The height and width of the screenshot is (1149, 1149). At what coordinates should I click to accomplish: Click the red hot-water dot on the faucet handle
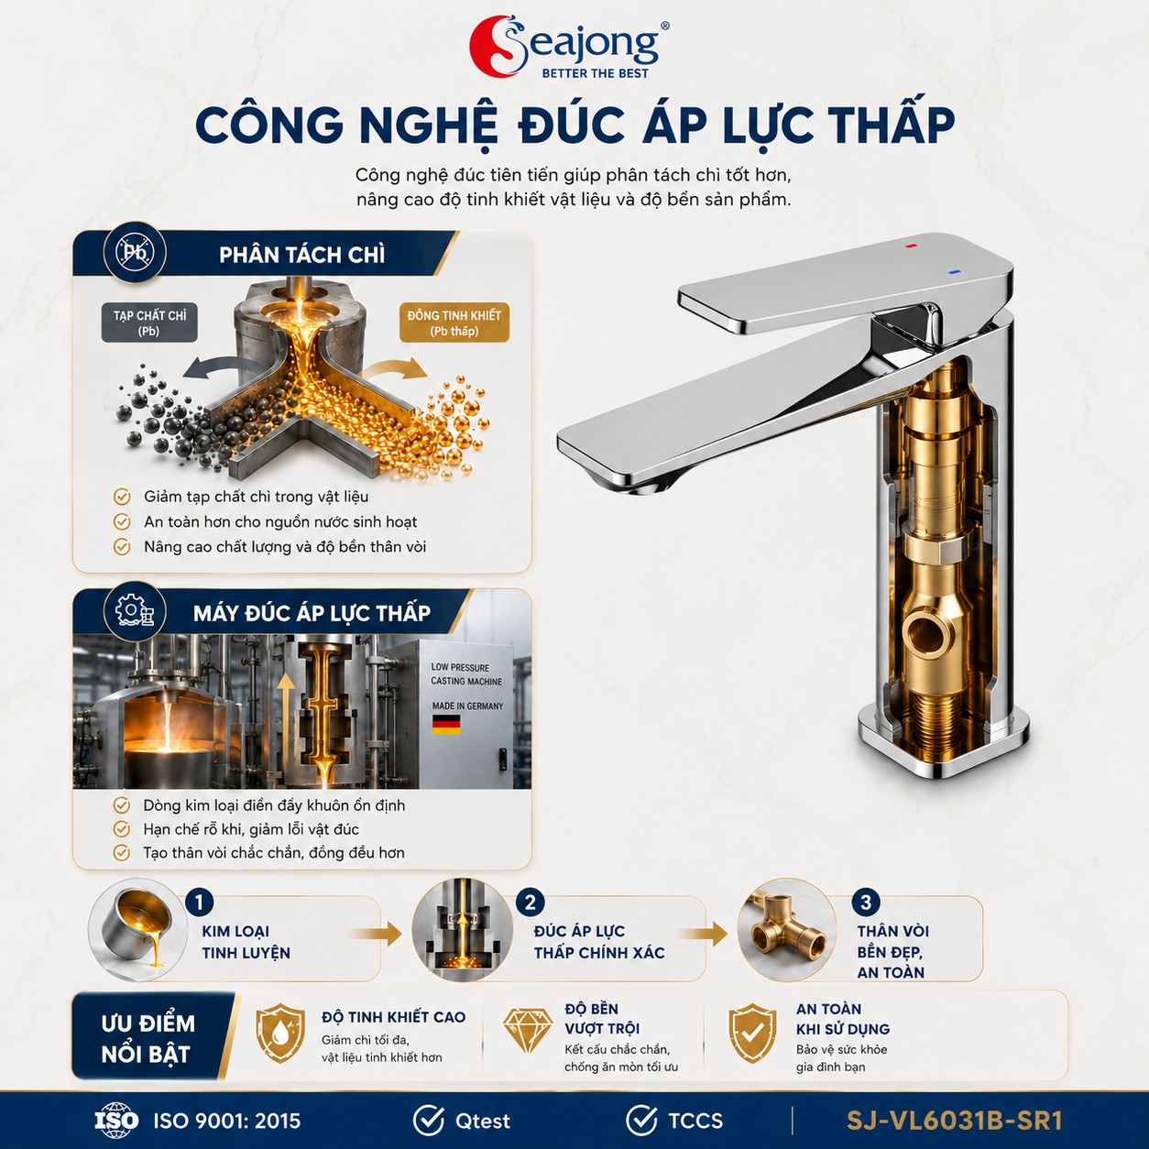(911, 245)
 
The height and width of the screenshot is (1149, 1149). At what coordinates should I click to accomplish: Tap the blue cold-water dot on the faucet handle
(954, 272)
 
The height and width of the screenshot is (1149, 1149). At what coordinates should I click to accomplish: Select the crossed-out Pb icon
(135, 253)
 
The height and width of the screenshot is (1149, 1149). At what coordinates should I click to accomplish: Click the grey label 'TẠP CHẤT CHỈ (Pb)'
(149, 323)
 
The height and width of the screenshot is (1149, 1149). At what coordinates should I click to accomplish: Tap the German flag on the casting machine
(446, 725)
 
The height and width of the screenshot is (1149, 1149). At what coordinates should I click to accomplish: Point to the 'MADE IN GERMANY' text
(467, 706)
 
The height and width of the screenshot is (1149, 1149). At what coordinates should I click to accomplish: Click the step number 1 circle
(199, 902)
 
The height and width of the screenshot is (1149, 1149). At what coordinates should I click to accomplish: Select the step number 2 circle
(531, 902)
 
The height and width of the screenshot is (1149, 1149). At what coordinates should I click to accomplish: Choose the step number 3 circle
(866, 902)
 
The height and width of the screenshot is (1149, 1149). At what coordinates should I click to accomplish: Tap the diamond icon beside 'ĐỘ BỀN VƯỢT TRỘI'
(529, 1031)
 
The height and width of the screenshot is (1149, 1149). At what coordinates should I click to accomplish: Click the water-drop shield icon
(280, 1034)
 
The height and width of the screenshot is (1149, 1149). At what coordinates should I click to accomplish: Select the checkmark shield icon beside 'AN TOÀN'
(752, 1034)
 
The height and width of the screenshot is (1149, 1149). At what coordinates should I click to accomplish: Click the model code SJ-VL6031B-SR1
(954, 1121)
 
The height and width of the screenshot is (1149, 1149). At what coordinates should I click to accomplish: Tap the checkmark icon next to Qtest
(428, 1120)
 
